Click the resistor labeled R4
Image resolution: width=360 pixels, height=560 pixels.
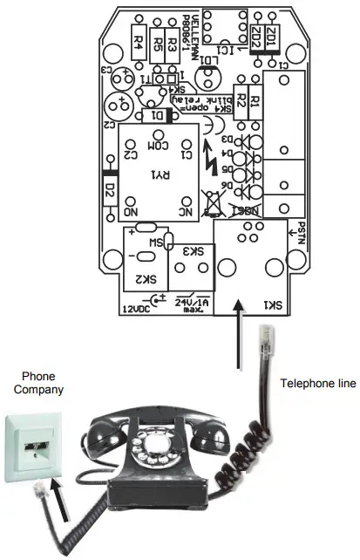138,40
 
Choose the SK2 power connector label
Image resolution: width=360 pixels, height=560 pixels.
145,280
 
